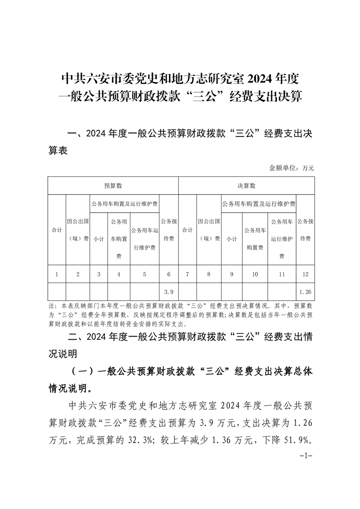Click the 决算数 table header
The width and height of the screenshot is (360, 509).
click(x=247, y=186)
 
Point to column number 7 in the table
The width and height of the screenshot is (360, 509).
click(x=187, y=274)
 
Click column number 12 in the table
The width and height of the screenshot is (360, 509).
click(x=305, y=274)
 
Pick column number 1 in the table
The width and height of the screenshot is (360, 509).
click(x=57, y=274)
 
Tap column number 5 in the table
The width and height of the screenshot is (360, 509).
click(x=144, y=274)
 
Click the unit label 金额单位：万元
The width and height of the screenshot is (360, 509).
click(x=291, y=168)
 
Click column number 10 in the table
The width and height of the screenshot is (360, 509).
click(x=255, y=274)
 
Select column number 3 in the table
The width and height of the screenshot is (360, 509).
click(x=99, y=274)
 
